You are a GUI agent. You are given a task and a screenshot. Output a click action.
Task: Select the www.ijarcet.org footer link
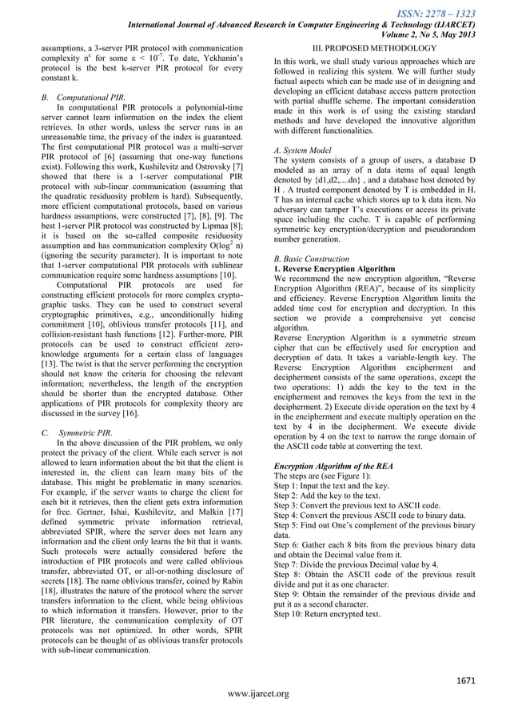(255, 693)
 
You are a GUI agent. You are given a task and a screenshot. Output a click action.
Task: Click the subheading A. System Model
(307, 150)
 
